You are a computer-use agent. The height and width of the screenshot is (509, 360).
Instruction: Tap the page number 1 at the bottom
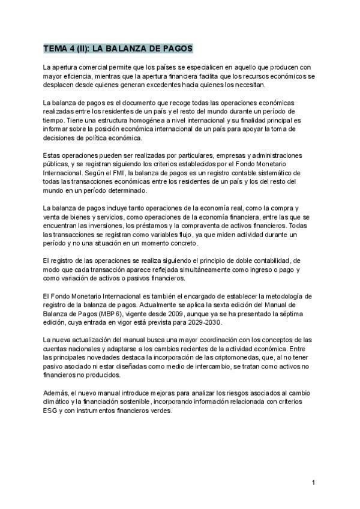(313, 482)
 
